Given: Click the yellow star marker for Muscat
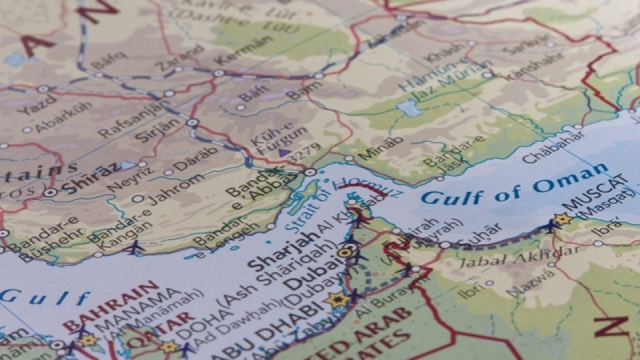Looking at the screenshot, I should pyautogui.click(x=562, y=219).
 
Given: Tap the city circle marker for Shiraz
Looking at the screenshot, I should pyautogui.click(x=51, y=192).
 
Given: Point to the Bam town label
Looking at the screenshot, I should pyautogui.click(x=303, y=89).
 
